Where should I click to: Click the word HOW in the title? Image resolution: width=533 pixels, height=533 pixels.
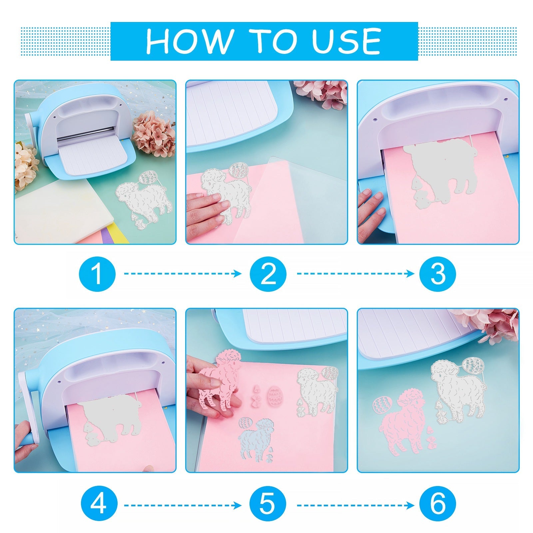pyautogui.click(x=189, y=41)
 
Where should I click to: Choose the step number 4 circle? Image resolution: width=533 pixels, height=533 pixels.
pyautogui.click(x=99, y=504)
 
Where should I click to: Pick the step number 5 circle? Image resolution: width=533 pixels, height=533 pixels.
pyautogui.click(x=268, y=504)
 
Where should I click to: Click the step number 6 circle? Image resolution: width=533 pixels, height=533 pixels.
pyautogui.click(x=438, y=504)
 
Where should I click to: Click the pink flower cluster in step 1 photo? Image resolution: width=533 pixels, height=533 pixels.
pyautogui.click(x=154, y=134)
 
